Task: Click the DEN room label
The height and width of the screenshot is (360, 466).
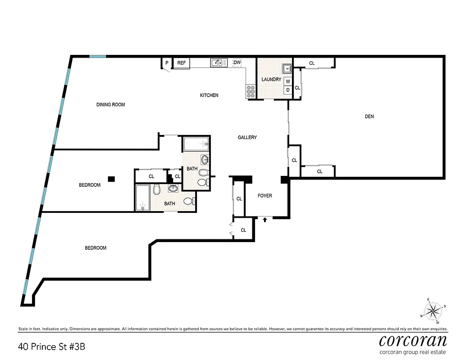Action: [369, 117]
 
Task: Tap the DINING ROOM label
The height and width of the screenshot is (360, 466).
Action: [111, 105]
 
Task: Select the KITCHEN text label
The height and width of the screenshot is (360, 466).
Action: [209, 95]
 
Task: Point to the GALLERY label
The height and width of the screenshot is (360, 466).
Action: [247, 137]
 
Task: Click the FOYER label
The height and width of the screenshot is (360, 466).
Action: [264, 196]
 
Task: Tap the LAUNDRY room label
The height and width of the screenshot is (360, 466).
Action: [271, 80]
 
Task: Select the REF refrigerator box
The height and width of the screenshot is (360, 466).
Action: [181, 63]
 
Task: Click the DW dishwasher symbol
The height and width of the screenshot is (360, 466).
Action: [237, 63]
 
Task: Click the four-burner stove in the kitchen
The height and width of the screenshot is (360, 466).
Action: [251, 91]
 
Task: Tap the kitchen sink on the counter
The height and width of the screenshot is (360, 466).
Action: [219, 63]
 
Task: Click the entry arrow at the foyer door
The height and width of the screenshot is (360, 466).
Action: [265, 220]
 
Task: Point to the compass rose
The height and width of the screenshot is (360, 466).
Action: [433, 310]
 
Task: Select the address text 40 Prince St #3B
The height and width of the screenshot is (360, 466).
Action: [52, 347]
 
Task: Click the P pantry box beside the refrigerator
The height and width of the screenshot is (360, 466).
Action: [166, 63]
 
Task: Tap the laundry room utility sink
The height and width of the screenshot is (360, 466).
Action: [287, 69]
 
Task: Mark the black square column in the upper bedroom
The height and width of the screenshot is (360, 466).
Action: [112, 179]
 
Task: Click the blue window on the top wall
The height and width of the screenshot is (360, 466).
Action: [97, 56]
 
